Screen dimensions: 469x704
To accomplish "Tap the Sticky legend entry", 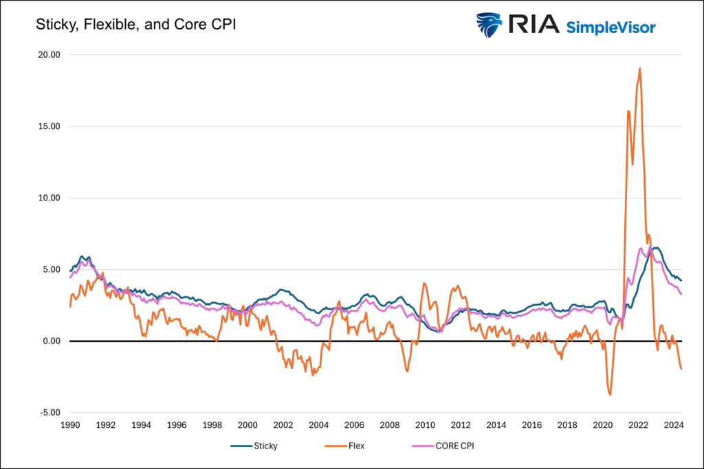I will point(264,446).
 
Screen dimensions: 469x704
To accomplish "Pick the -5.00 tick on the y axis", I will point(49,413).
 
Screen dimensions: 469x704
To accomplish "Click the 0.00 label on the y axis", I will point(50,341).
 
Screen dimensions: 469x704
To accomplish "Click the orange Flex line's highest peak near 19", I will point(640,68).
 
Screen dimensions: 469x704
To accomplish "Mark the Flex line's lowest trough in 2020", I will point(610,394).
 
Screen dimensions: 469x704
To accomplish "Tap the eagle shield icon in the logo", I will point(489,25).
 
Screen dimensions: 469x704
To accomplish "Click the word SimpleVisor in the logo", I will point(610,27).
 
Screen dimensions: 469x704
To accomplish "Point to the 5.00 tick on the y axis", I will point(50,270).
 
